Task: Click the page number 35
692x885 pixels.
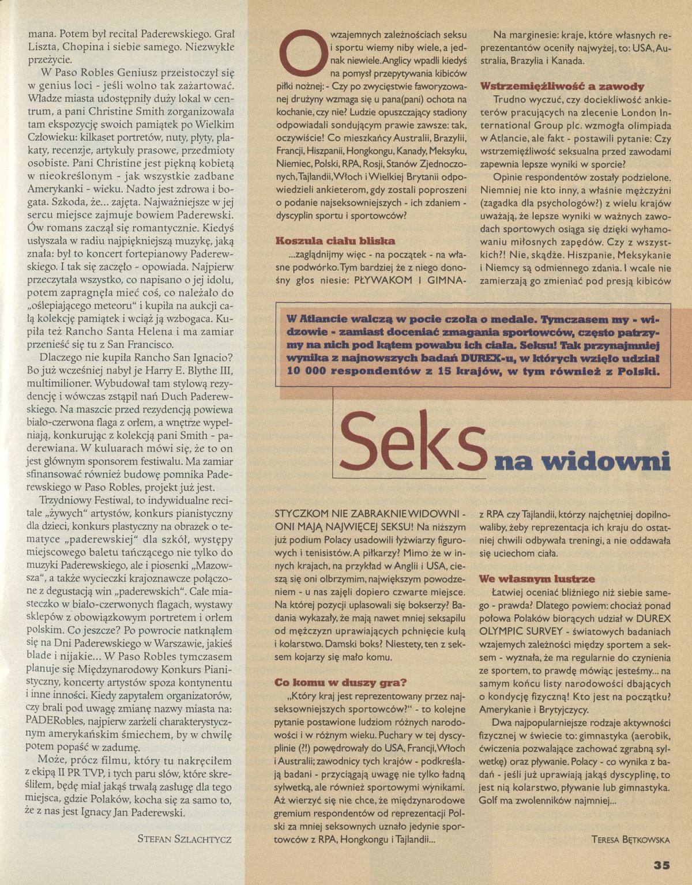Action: (x=661, y=865)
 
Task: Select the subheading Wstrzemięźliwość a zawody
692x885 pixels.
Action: (x=562, y=86)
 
